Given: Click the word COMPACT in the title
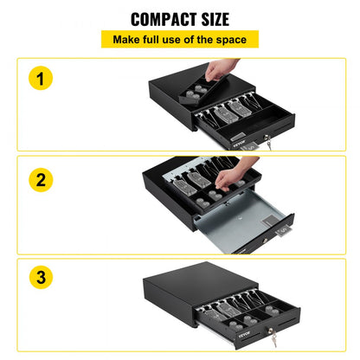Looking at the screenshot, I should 153,19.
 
